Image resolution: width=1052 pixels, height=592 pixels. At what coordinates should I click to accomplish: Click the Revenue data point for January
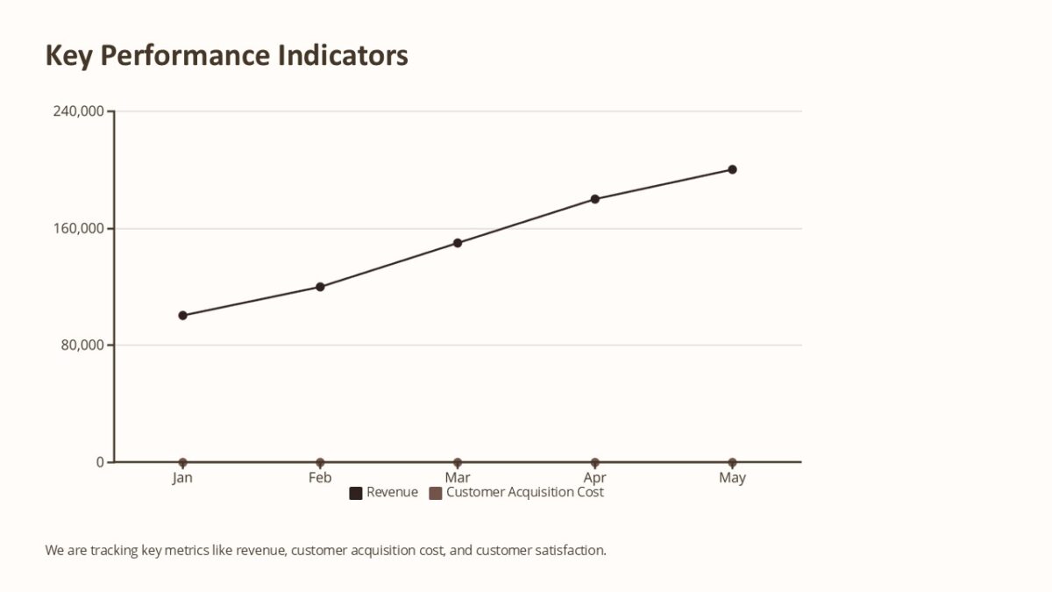182,316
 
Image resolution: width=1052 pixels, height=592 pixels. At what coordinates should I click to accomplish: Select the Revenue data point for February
320,287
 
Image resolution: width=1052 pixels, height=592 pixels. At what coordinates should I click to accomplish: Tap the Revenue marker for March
458,243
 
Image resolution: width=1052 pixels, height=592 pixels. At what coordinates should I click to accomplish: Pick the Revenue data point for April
595,199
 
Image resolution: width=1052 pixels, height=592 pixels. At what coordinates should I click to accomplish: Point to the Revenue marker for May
732,169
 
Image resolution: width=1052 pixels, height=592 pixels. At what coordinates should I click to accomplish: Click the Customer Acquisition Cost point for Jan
182,462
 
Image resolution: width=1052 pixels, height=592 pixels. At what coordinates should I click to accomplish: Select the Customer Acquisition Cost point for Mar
458,462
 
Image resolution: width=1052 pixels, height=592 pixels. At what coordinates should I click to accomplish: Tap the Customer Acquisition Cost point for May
732,462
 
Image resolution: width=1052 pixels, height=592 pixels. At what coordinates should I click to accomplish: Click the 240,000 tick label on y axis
79,111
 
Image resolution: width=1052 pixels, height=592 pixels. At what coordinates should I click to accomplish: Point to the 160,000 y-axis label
79,229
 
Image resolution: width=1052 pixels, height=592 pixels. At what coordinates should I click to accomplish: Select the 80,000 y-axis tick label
82,346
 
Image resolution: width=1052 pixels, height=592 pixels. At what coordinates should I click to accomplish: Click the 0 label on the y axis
100,462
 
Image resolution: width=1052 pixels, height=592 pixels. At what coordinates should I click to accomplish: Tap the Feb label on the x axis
320,478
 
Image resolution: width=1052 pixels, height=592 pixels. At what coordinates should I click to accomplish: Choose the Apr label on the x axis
595,478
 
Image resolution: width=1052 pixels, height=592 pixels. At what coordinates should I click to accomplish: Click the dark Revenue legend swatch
356,493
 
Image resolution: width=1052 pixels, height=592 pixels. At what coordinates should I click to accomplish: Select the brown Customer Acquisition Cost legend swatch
436,493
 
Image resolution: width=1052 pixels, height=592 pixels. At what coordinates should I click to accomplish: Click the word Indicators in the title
343,55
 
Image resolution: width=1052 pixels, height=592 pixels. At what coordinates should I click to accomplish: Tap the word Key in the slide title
68,55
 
